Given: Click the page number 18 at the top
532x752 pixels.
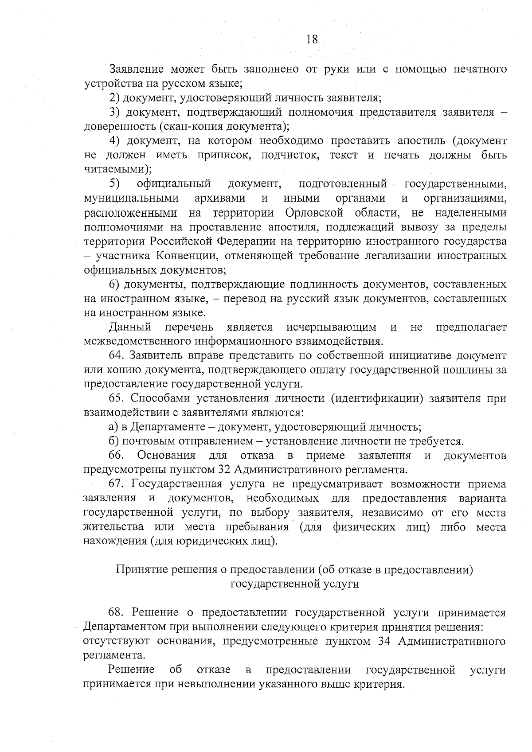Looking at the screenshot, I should (312, 39).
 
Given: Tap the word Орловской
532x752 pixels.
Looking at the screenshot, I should (315, 213).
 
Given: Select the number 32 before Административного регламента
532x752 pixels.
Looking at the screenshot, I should (225, 470).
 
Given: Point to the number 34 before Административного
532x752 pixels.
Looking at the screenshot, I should (384, 641).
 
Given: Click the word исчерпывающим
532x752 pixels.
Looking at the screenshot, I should (331, 327).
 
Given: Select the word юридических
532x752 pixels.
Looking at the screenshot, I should (212, 541).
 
